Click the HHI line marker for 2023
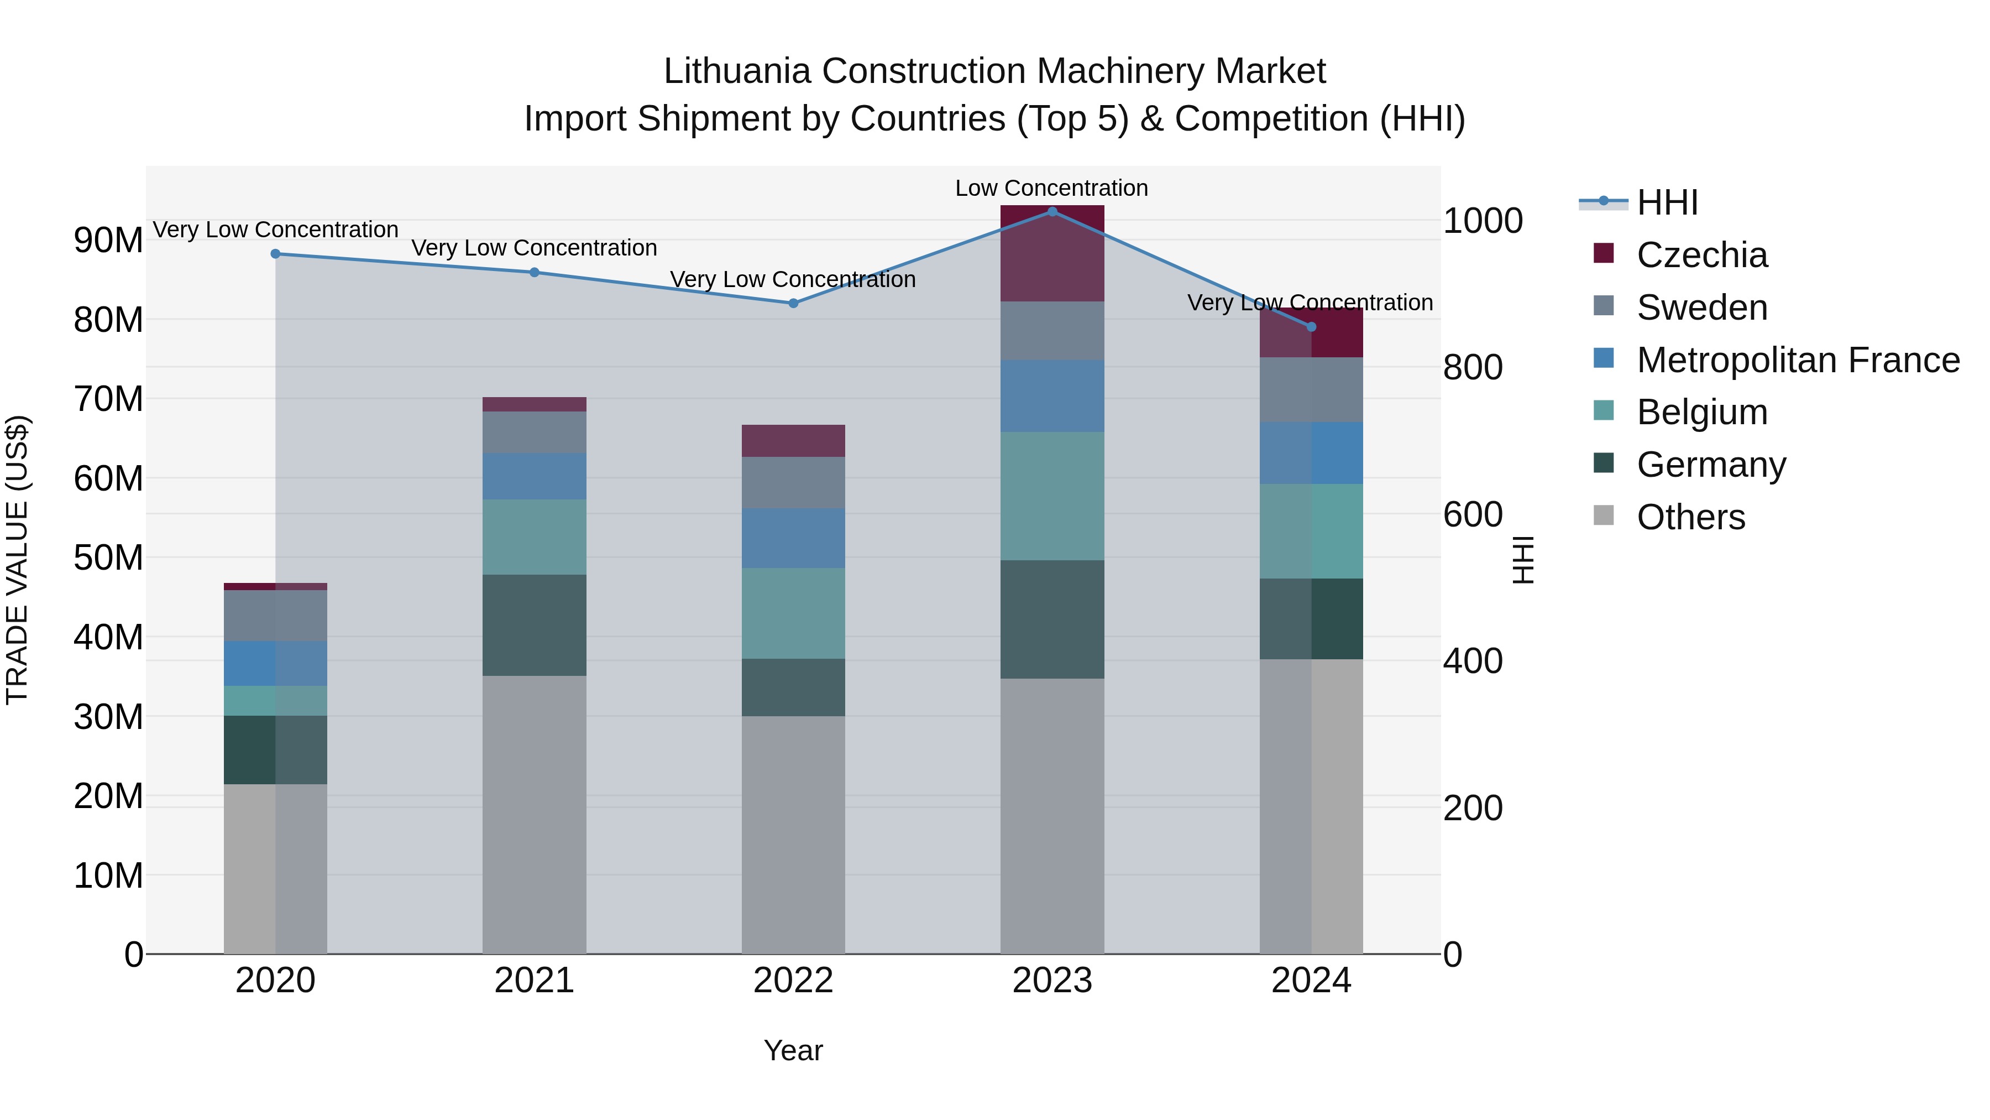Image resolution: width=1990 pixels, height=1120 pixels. point(1051,211)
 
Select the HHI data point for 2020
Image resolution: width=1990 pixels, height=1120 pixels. point(275,253)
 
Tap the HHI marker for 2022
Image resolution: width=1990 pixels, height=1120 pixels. point(793,303)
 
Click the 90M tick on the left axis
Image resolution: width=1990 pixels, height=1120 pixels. point(108,241)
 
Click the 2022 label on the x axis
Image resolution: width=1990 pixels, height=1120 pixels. point(793,981)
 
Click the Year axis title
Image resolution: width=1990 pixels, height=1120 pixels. point(793,1050)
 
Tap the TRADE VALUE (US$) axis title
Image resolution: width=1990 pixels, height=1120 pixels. point(17,560)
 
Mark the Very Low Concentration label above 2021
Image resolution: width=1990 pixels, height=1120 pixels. point(534,248)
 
